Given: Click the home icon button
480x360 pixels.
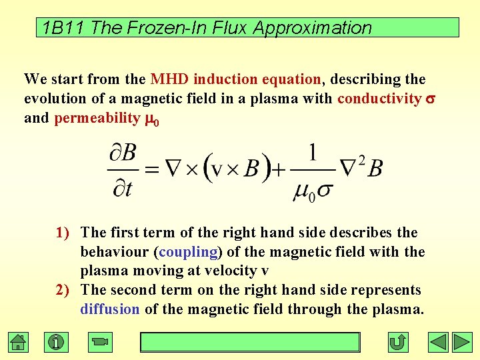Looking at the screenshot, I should click(x=19, y=343).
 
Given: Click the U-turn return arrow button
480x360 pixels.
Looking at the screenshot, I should click(x=398, y=343).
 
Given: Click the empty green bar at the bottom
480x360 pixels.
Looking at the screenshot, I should click(x=249, y=342).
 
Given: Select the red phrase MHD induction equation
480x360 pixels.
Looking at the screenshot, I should click(x=236, y=79).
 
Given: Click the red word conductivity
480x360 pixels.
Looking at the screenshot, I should click(x=379, y=99).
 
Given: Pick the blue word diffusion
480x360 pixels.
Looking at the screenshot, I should click(x=110, y=309).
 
